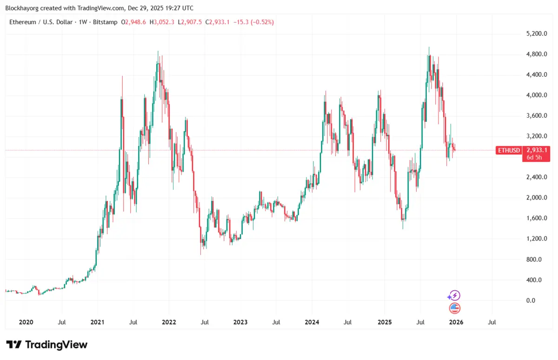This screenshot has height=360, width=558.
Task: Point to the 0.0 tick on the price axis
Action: (x=531, y=300)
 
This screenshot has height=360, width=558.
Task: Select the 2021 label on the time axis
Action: (x=98, y=322)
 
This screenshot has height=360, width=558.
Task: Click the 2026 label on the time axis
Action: (x=456, y=322)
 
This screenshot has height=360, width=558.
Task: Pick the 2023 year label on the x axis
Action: (x=240, y=322)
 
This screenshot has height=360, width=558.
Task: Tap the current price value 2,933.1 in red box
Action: (x=537, y=150)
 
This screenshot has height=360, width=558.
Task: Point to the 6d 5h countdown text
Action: (x=533, y=158)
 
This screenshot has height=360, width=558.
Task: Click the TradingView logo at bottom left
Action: (x=46, y=345)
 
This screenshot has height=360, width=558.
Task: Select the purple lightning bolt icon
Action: (x=454, y=295)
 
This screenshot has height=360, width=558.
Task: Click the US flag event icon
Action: (x=454, y=308)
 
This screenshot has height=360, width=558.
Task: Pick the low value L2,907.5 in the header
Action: (x=193, y=22)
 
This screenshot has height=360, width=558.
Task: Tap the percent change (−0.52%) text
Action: (x=262, y=22)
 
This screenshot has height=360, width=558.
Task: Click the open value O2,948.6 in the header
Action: (x=134, y=22)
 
